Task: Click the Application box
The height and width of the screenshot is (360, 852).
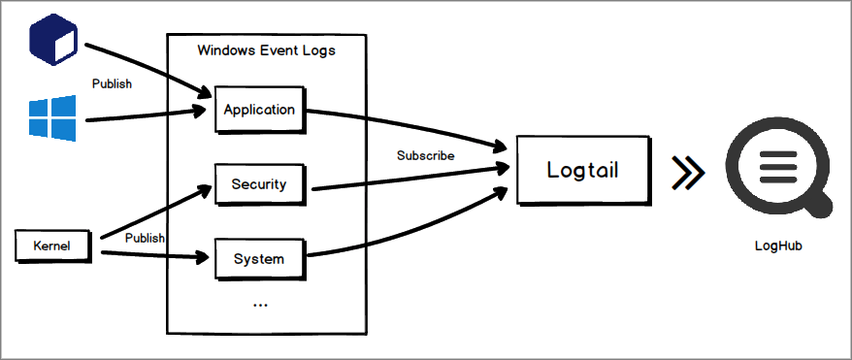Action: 259,110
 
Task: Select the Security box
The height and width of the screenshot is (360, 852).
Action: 259,183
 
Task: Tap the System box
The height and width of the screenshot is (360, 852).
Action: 259,258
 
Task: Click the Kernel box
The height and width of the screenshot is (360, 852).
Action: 57,245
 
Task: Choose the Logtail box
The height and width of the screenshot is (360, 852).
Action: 582,171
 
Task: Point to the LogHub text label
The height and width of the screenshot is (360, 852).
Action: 778,246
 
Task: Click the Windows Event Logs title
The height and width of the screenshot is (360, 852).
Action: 266,49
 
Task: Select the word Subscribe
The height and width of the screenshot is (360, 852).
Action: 425,155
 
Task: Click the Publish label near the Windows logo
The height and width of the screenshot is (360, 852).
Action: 112,83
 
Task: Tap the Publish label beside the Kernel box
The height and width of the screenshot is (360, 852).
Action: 145,238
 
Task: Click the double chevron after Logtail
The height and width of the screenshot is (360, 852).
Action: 688,172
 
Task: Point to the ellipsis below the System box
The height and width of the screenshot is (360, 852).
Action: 259,304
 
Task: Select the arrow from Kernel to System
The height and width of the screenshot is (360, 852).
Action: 155,256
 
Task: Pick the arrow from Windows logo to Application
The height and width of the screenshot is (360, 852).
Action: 146,115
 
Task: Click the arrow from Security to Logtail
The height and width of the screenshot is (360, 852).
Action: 408,179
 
